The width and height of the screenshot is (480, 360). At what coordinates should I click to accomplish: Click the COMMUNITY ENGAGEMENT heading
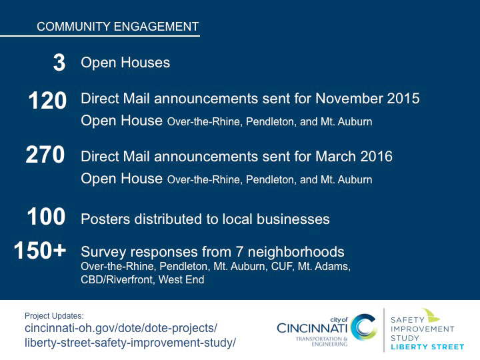pyautogui.click(x=118, y=27)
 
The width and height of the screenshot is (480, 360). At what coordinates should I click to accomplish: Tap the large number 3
pyautogui.click(x=59, y=63)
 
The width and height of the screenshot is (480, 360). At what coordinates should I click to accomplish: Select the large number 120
pyautogui.click(x=47, y=101)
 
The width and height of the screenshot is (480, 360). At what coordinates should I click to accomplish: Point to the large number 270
pyautogui.click(x=45, y=155)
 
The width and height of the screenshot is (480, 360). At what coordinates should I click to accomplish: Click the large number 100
pyautogui.click(x=46, y=217)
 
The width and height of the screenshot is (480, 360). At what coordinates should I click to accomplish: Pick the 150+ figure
pyautogui.click(x=40, y=251)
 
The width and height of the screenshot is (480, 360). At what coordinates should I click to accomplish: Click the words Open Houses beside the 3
pyautogui.click(x=125, y=63)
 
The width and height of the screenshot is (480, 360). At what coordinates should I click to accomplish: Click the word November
pyautogui.click(x=349, y=99)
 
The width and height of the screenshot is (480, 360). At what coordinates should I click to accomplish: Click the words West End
pyautogui.click(x=181, y=279)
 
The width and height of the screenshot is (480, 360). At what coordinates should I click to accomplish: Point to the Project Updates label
pyautogui.click(x=54, y=315)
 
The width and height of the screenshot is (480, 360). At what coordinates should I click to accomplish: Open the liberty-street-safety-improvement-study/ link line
pyautogui.click(x=131, y=343)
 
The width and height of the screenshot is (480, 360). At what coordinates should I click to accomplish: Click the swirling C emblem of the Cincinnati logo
pyautogui.click(x=364, y=327)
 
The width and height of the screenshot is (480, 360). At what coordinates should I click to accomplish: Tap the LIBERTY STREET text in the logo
pyautogui.click(x=427, y=347)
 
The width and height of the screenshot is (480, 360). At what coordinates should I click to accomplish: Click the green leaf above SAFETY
pyautogui.click(x=431, y=315)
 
